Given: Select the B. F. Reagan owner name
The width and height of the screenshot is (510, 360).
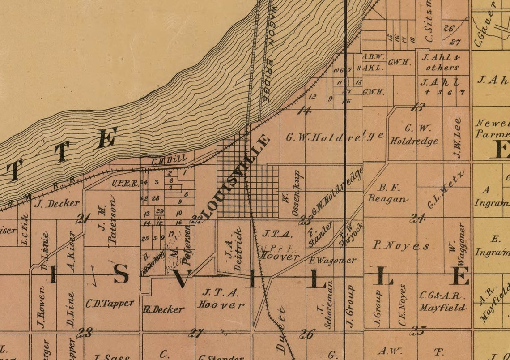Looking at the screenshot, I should tap(387, 193).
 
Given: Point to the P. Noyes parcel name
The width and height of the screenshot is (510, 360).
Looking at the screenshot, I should tap(401, 245).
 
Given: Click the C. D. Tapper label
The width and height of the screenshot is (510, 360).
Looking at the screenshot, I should tap(110, 303).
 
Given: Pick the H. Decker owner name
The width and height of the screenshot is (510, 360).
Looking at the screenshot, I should tap(163, 309).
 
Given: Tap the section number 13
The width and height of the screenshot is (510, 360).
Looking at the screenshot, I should tap(418, 107).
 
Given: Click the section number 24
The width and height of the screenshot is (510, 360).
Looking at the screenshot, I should tap(418, 218).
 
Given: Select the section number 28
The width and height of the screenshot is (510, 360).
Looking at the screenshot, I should tap(85, 332).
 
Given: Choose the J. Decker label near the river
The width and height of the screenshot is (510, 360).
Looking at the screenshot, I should tap(57, 203).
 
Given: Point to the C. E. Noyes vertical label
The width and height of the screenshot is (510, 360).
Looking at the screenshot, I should tap(402, 305).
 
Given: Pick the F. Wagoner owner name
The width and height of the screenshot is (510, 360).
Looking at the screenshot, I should tap(333, 260).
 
